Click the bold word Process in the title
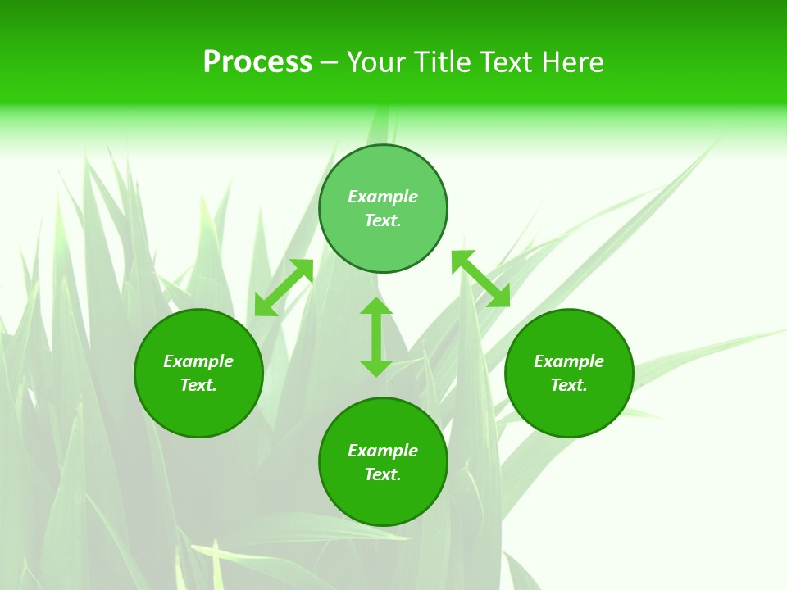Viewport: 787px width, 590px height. click(257, 62)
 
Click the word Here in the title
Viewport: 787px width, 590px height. click(577, 62)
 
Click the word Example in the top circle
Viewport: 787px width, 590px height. click(383, 197)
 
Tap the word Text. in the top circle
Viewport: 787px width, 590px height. click(383, 220)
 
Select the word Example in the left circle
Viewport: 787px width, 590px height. click(198, 361)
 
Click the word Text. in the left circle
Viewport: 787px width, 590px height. click(198, 385)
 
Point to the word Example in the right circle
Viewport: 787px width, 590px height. click(569, 361)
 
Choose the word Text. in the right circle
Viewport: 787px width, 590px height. click(569, 385)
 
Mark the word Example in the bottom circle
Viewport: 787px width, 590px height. click(383, 451)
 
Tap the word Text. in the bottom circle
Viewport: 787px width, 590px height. click(383, 474)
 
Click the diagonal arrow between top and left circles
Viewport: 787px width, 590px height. click(284, 287)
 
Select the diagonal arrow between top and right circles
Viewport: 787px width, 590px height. click(480, 279)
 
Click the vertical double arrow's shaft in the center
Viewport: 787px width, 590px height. click(376, 337)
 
